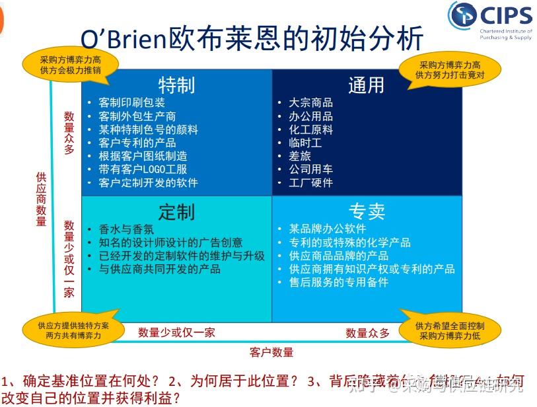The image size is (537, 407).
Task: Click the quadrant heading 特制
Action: (176, 85)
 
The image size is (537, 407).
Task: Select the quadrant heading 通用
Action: (366, 85)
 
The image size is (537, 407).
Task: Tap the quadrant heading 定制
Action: (176, 211)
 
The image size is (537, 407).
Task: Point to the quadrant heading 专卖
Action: (367, 211)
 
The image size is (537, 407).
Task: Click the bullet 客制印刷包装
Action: (131, 103)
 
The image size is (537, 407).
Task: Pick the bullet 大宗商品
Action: (310, 103)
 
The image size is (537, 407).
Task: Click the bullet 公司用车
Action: (310, 169)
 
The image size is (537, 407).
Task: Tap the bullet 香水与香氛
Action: (126, 229)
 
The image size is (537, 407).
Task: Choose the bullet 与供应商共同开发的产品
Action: (159, 269)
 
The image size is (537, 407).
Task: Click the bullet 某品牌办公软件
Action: (327, 229)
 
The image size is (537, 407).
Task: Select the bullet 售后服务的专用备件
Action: (338, 282)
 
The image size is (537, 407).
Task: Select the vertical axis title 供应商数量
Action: (41, 198)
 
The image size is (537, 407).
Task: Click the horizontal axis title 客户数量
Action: (271, 352)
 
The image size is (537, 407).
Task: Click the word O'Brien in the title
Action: (123, 39)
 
